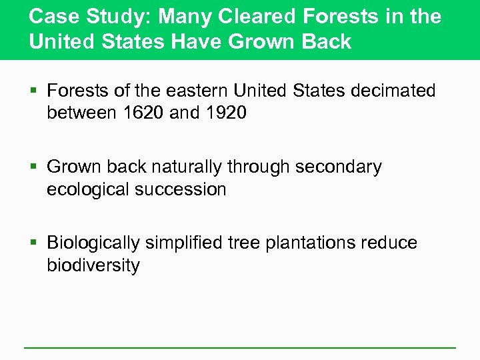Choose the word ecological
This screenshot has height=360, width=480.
[88, 189]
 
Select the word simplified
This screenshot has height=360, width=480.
[193, 243]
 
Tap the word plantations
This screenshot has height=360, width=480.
[313, 243]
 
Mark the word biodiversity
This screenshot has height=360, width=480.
[93, 265]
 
